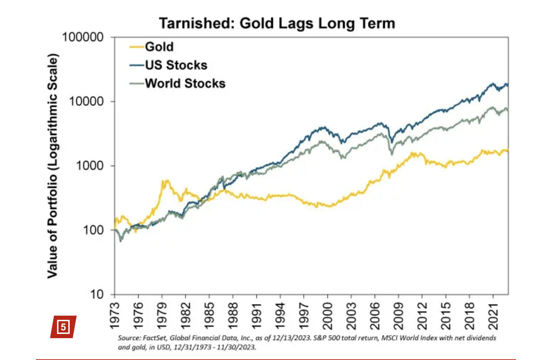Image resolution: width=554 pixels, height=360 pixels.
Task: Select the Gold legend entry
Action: point(159,47)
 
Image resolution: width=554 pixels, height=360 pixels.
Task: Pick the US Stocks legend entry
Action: point(176,65)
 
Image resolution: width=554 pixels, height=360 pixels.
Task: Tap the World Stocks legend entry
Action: point(185,83)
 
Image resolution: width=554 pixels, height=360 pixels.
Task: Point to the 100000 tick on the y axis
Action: point(83,37)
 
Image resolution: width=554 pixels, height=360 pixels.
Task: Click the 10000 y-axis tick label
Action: point(87,101)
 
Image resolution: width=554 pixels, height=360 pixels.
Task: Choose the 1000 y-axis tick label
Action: point(90,166)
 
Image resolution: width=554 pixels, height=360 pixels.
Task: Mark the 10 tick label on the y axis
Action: point(97,294)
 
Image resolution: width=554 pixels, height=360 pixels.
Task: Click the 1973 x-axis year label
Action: point(115,316)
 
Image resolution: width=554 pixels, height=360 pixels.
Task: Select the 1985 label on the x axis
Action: point(209,316)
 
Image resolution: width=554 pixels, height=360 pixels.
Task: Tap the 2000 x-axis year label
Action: point(328,316)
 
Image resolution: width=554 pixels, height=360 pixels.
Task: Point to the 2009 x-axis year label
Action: point(399,316)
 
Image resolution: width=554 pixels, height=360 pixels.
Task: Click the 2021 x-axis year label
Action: point(493,316)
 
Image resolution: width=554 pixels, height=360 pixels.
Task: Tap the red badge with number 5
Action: point(63,327)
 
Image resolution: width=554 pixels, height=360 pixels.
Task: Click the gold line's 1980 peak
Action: point(165,181)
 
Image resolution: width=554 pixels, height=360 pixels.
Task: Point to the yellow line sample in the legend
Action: point(137,47)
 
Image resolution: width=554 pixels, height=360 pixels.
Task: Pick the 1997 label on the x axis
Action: point(304,316)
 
